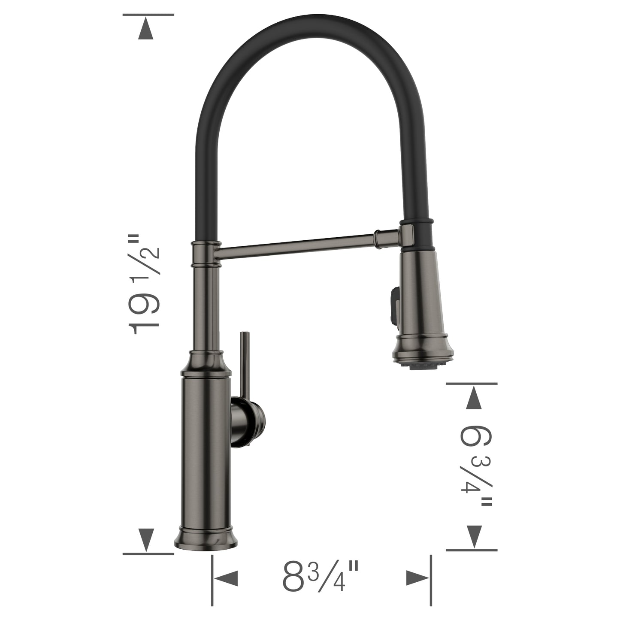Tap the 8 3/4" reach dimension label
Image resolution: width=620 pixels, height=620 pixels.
[x=320, y=577]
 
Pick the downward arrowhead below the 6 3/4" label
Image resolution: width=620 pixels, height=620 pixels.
[x=472, y=536]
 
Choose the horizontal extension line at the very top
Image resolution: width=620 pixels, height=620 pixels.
[x=148, y=15]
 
